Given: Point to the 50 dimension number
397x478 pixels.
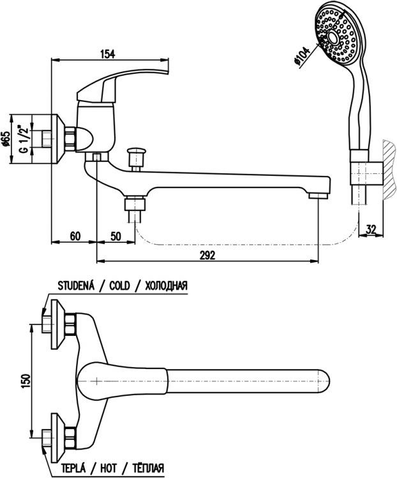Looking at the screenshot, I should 116,236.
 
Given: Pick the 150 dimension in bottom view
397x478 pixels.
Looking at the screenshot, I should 25,380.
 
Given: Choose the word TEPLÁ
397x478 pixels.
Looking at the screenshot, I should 75,470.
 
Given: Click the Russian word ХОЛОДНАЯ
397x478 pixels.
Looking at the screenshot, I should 166,286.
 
